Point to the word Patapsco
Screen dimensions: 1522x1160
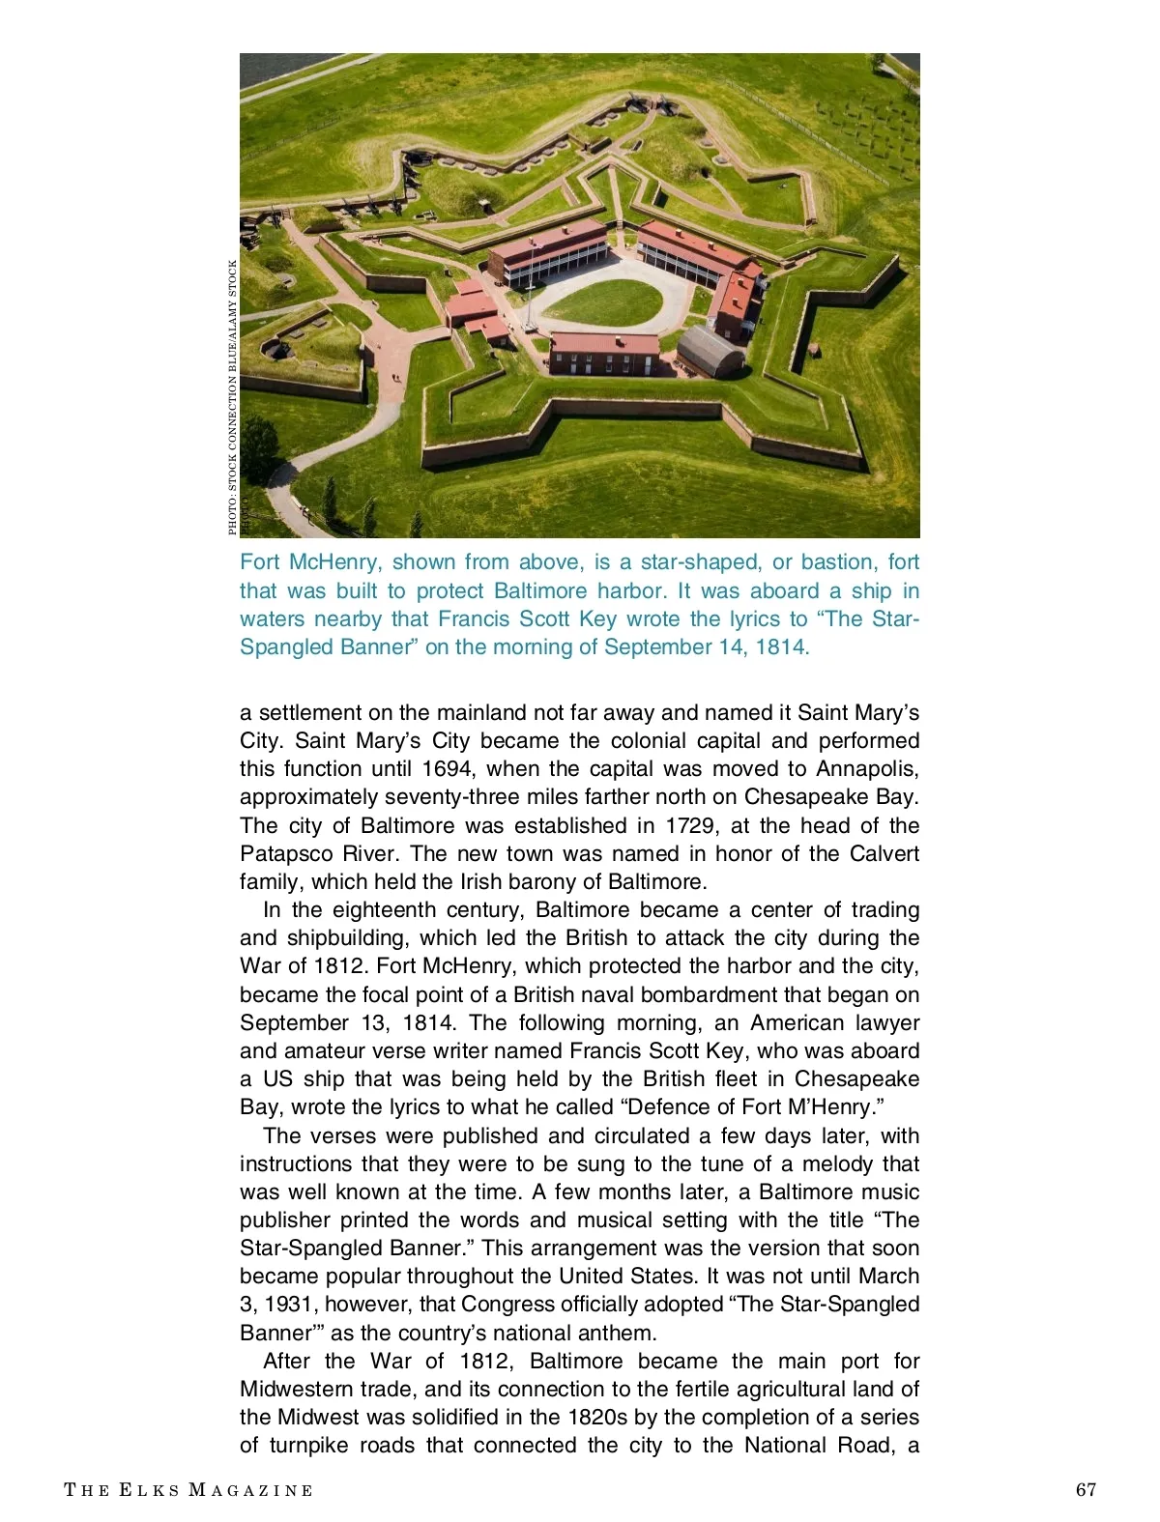pyautogui.click(x=286, y=854)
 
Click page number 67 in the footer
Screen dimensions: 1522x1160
pyautogui.click(x=1086, y=1490)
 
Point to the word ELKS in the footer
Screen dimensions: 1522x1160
pyautogui.click(x=150, y=1490)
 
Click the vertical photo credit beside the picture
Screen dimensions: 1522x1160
pyautogui.click(x=233, y=396)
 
